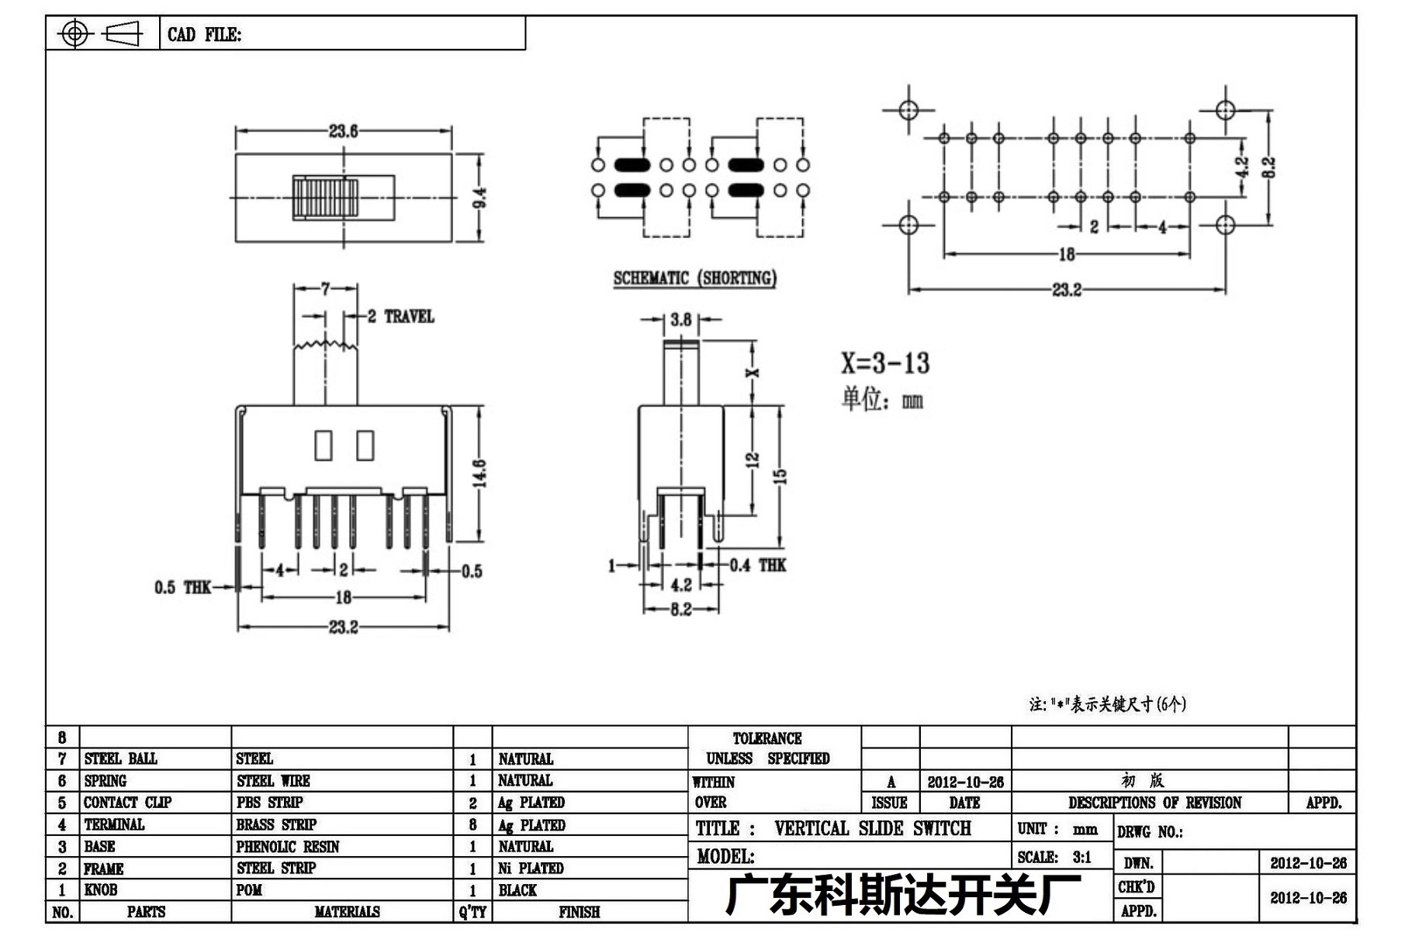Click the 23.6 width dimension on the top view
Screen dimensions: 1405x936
pyautogui.click(x=343, y=131)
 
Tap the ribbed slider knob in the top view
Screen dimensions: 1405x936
pyautogui.click(x=325, y=197)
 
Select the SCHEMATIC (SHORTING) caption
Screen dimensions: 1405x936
pyautogui.click(x=694, y=278)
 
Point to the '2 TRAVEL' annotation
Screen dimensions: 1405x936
pyautogui.click(x=400, y=316)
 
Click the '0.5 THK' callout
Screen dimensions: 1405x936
pyautogui.click(x=182, y=587)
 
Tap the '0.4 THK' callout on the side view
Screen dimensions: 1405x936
pyautogui.click(x=758, y=565)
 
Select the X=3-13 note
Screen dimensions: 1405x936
pyautogui.click(x=885, y=362)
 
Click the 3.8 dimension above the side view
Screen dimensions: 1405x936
pyautogui.click(x=681, y=319)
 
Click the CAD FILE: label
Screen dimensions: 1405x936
pyautogui.click(x=204, y=34)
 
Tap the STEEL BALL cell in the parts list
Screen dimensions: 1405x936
pyautogui.click(x=120, y=758)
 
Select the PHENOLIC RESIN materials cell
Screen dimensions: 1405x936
pyautogui.click(x=288, y=846)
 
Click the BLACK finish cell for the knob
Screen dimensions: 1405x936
pyautogui.click(x=517, y=889)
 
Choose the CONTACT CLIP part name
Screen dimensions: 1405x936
pyautogui.click(x=127, y=802)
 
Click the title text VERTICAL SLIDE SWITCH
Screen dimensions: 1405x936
pyautogui.click(x=872, y=828)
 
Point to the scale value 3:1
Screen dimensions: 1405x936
pyautogui.click(x=1081, y=857)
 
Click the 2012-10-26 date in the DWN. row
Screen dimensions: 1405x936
pyautogui.click(x=1308, y=862)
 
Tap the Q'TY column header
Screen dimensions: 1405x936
pyautogui.click(x=472, y=911)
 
